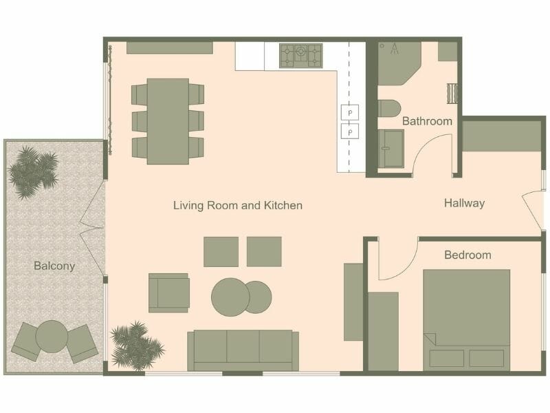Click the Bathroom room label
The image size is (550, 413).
pos(427,121)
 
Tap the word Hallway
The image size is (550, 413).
pos(464,203)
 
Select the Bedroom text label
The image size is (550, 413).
pos(467,255)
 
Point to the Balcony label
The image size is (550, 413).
pos(54,266)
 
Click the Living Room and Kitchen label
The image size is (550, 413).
pos(237,205)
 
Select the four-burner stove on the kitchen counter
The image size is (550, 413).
pos(300,56)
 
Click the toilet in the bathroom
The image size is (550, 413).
pos(388,109)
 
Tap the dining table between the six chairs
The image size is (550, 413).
pos(168,120)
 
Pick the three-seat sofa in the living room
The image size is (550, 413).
pos(243,350)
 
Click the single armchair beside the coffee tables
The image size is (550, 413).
pos(168,293)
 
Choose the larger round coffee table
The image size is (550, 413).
pos(230,297)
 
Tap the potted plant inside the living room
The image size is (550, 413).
pos(135,343)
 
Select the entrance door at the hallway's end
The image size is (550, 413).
pos(532,209)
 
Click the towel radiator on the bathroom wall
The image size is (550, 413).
pos(452,92)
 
